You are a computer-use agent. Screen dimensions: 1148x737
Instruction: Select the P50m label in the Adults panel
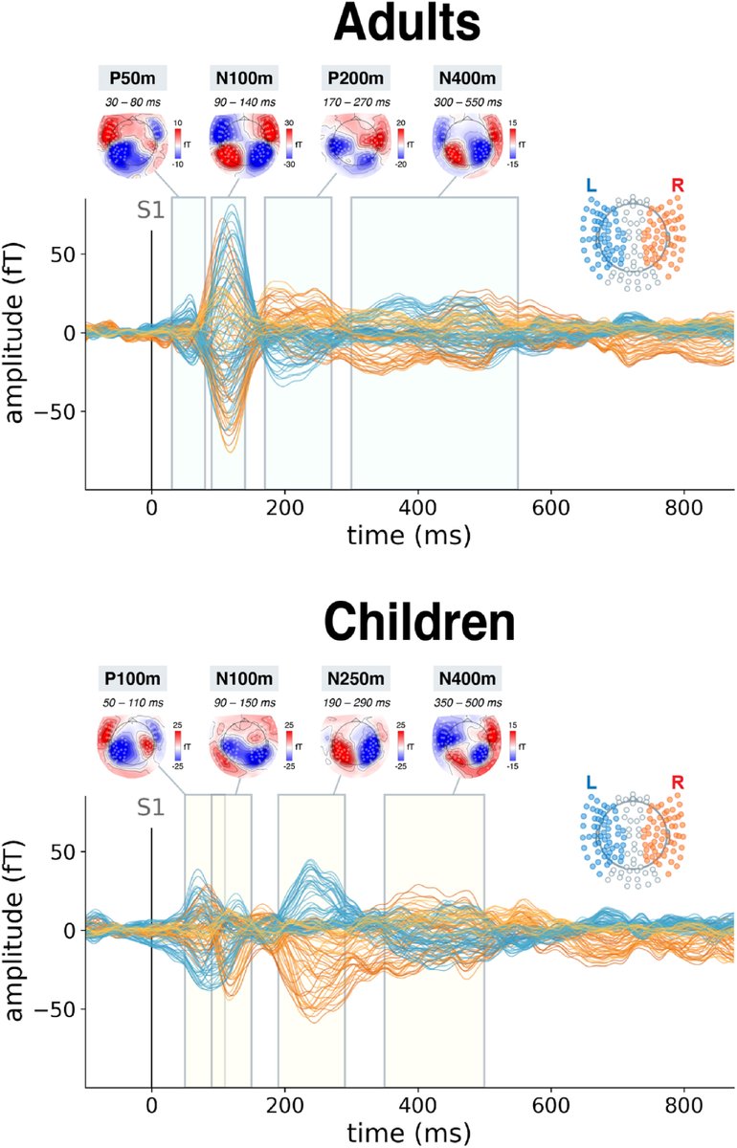134,78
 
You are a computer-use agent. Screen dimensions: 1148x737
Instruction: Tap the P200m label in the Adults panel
356,78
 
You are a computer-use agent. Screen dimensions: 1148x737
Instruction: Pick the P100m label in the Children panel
134,680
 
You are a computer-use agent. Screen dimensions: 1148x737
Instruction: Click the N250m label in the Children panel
356,680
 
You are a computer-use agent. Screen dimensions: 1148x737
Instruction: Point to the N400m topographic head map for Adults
466,143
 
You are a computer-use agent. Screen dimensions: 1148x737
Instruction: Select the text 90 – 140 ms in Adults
243,100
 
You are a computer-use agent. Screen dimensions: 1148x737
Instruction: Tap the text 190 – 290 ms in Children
356,703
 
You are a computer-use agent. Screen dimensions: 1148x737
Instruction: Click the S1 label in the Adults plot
150,210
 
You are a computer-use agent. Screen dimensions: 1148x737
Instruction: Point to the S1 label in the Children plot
150,808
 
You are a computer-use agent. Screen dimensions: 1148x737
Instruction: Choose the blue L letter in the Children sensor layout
592,783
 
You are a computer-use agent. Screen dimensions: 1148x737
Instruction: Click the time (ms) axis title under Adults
410,536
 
